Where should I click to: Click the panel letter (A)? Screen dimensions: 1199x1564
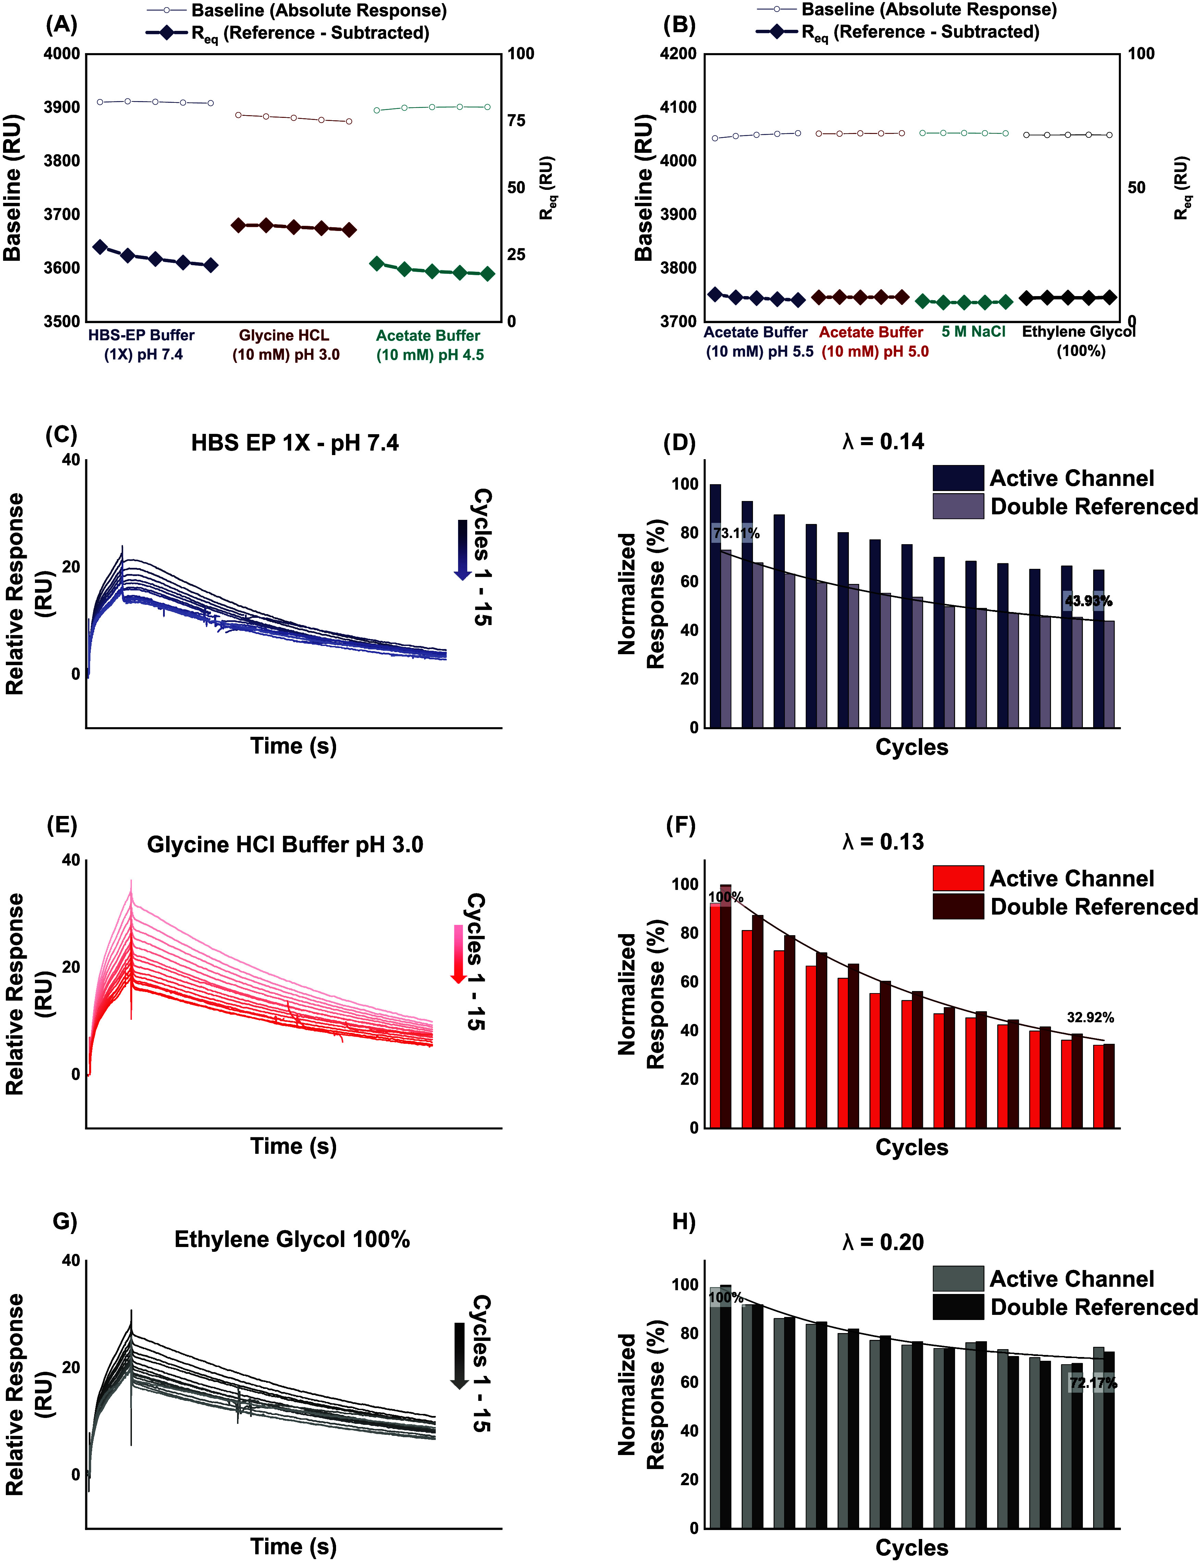pyautogui.click(x=61, y=25)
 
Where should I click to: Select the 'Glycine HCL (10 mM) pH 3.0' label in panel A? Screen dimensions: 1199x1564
pyautogui.click(x=285, y=345)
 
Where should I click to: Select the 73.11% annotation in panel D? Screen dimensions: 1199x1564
pyautogui.click(x=736, y=533)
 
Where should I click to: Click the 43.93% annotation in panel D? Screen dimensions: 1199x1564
pyautogui.click(x=1088, y=601)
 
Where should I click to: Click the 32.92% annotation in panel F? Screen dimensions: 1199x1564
pyautogui.click(x=1090, y=1018)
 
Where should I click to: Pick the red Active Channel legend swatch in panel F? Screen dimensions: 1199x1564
pyautogui.click(x=958, y=878)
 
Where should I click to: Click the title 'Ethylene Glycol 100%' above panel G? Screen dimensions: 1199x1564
pyautogui.click(x=292, y=1239)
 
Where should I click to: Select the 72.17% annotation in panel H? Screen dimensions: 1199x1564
pyautogui.click(x=1093, y=1383)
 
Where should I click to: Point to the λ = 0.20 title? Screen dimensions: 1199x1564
pyautogui.click(x=883, y=1242)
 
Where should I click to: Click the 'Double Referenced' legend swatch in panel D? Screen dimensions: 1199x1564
pyautogui.click(x=958, y=506)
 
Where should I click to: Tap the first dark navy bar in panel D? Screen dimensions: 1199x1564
pyautogui.click(x=715, y=606)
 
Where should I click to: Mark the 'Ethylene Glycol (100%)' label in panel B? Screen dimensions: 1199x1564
pyautogui.click(x=1079, y=341)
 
